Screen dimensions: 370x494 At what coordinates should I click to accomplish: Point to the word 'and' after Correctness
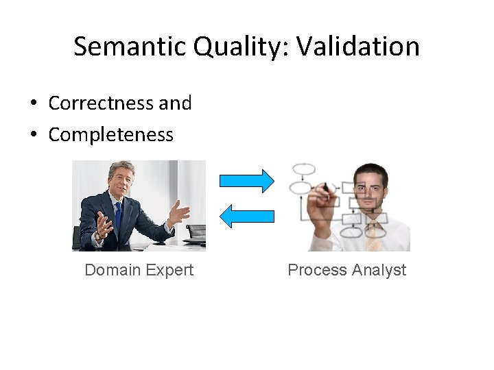click(x=175, y=103)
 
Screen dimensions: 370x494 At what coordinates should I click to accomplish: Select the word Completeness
click(x=110, y=134)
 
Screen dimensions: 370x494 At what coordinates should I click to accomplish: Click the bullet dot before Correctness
click(x=32, y=104)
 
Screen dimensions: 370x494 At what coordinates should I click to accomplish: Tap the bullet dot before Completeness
click(x=32, y=135)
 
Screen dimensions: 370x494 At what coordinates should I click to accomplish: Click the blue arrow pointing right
click(x=246, y=181)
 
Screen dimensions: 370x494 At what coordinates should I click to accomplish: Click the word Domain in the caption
click(x=112, y=270)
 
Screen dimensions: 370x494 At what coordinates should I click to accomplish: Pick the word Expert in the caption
click(x=169, y=270)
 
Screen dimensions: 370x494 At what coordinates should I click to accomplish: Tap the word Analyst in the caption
click(x=379, y=270)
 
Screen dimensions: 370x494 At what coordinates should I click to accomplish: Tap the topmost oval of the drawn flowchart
click(x=303, y=169)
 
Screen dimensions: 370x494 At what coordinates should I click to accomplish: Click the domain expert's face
click(x=121, y=182)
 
